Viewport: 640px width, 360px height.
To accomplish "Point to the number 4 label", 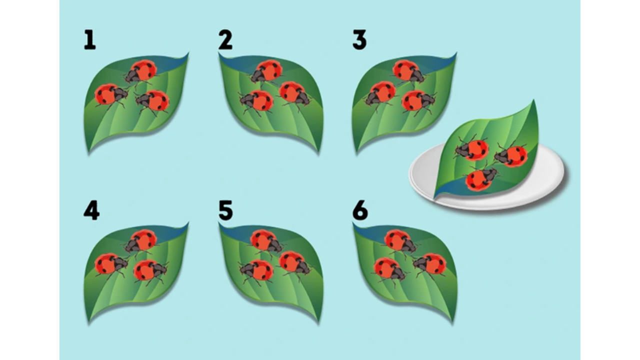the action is (x=91, y=210).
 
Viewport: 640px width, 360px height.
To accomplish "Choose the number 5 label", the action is (x=225, y=210).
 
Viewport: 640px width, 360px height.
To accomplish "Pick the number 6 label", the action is (x=360, y=210).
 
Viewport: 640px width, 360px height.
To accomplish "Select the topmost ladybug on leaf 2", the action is (x=266, y=72).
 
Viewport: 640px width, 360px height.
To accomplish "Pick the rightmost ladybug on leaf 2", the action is (x=295, y=94).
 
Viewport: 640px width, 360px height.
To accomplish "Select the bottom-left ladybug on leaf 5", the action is (x=257, y=271).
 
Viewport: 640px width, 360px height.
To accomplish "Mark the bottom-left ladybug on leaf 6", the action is (x=389, y=270).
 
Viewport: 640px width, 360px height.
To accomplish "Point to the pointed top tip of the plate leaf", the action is (x=533, y=100).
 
